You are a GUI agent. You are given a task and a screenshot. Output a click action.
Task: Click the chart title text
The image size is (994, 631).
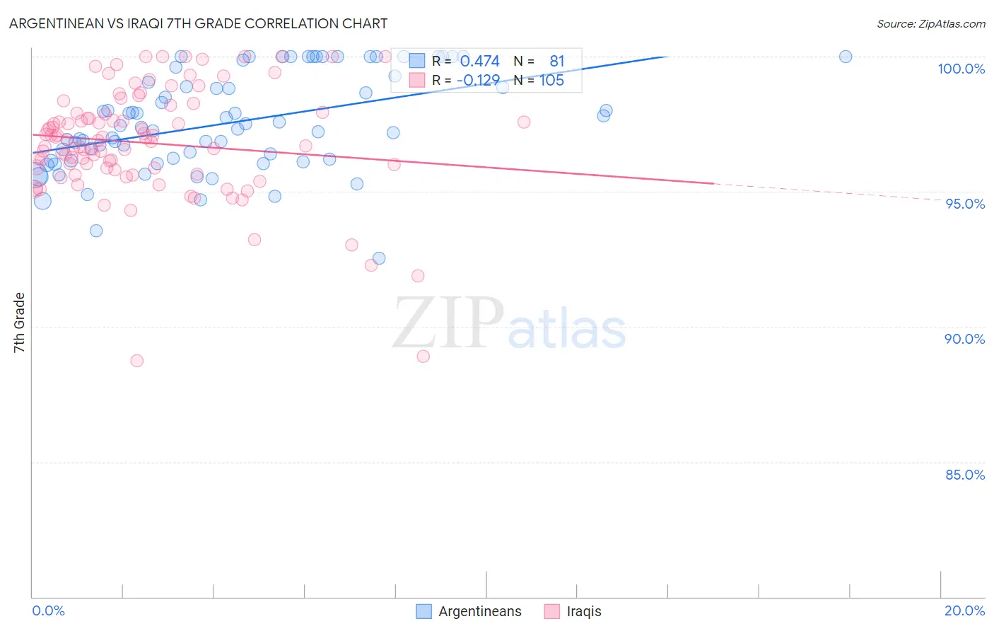[x=198, y=23]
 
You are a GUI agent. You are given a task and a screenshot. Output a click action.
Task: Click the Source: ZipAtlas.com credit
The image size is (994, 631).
[x=930, y=23]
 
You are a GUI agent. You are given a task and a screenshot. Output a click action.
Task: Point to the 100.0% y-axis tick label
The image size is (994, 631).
[x=961, y=69]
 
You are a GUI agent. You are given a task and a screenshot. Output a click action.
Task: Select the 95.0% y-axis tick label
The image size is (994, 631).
[x=965, y=204]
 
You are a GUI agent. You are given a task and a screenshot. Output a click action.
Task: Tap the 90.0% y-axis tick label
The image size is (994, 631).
[x=964, y=339]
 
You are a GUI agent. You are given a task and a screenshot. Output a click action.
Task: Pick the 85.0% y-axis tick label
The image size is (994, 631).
[x=964, y=475]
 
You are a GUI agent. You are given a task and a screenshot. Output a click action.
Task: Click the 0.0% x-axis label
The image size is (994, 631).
[x=48, y=610]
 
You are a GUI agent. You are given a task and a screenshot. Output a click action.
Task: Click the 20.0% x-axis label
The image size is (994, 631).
[x=964, y=610]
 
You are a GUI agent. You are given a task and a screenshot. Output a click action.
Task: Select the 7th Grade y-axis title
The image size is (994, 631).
[x=20, y=323]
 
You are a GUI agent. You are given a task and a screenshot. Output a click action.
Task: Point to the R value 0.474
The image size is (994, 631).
[x=479, y=62]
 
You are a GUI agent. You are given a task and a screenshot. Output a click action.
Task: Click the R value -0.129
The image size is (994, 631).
[x=478, y=81]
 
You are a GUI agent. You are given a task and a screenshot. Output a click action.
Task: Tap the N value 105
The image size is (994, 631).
[x=551, y=81]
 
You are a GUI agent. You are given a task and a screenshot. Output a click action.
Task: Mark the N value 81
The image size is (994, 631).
[x=557, y=62]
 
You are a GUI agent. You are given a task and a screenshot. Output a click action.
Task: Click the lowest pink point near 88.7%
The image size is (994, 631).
[x=137, y=361]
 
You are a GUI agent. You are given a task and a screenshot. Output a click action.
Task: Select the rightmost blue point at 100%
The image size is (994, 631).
[x=846, y=57]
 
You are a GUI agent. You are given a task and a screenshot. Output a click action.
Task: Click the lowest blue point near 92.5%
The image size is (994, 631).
[x=379, y=258]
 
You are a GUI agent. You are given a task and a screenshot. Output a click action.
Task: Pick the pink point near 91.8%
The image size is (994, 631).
[x=418, y=276]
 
